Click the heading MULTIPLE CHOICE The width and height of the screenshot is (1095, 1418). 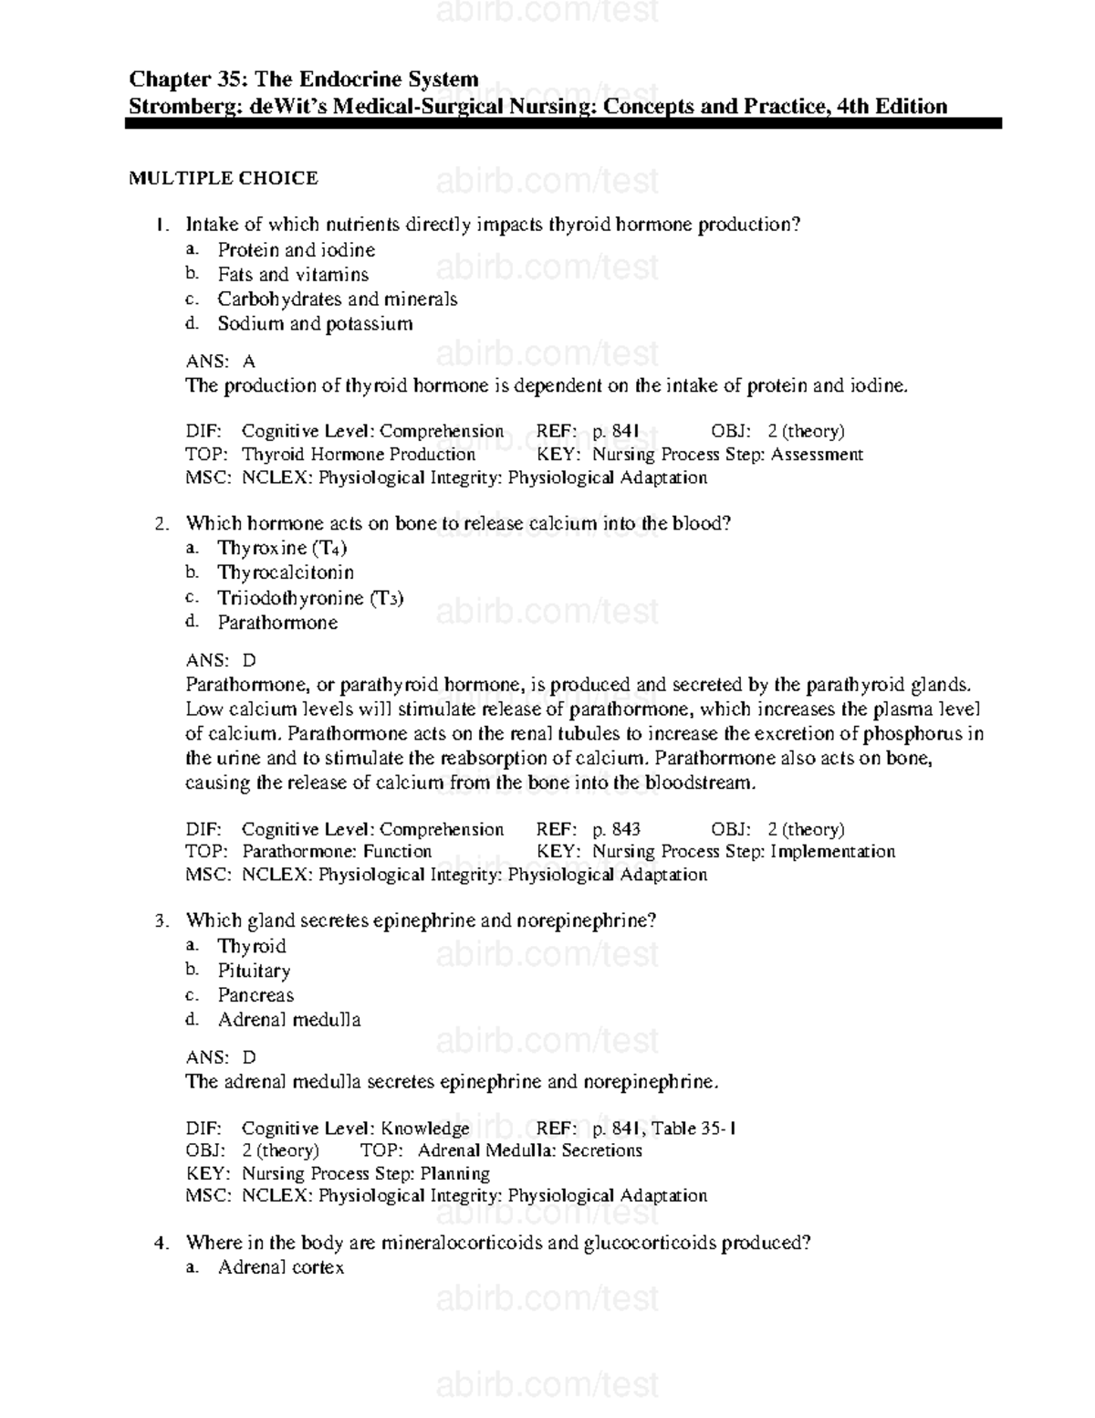(x=224, y=178)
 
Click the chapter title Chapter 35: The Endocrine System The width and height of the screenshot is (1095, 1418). (x=304, y=79)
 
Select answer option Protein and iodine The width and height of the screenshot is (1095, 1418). (x=296, y=250)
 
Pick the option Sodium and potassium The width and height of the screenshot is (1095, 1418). (x=315, y=323)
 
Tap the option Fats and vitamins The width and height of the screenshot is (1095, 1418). (x=293, y=275)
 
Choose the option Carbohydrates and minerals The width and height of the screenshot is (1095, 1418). (x=337, y=299)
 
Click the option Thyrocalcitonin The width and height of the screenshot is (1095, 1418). (x=286, y=572)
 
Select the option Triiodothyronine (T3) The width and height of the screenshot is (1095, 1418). (x=310, y=598)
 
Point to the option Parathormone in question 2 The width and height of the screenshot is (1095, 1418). (x=277, y=623)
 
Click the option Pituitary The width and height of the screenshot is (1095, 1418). (x=254, y=971)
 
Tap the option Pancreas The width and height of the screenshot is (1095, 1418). (x=255, y=995)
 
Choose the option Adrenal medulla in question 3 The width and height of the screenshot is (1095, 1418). (x=289, y=1020)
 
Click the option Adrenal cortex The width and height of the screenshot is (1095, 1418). (x=281, y=1267)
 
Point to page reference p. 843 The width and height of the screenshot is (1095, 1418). (x=616, y=829)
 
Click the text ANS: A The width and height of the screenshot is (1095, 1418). (x=221, y=362)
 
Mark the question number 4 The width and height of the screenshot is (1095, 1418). (x=161, y=1244)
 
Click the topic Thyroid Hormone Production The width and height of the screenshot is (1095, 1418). (x=358, y=454)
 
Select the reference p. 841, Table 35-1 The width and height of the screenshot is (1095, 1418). (x=664, y=1129)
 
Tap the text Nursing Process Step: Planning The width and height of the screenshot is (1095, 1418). (x=365, y=1173)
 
